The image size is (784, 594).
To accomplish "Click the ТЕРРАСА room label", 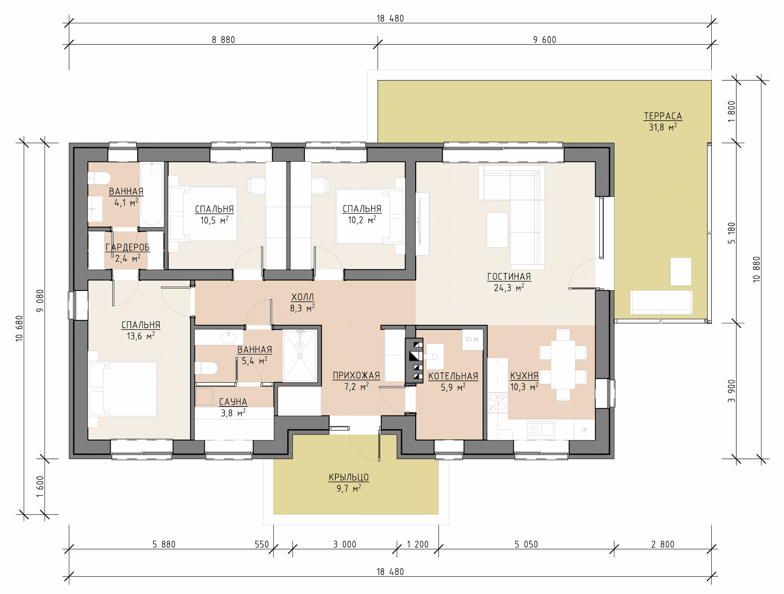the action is coord(663,116).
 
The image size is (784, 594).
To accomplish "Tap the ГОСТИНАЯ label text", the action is coord(509,277).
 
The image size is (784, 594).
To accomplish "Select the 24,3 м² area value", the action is coord(509,288).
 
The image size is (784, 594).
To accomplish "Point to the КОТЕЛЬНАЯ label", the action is coord(453,376).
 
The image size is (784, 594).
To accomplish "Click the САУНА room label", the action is coord(233,402).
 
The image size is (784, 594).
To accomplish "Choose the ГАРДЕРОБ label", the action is coord(128,247).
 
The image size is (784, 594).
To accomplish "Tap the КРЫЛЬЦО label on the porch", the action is coord(349,477).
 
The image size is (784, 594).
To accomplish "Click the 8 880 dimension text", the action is coord(223,40).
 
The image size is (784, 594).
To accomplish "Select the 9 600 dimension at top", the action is coord(545,40).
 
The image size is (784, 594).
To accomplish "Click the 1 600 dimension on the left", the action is coord(40,486).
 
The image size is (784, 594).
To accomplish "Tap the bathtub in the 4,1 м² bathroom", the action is coord(152,194).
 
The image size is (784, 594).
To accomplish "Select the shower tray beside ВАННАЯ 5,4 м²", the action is coord(300,356).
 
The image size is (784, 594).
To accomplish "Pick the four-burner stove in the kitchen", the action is coord(497,403).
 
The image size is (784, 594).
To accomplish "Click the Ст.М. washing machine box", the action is coord(473,340).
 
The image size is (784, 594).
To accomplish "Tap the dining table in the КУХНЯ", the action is coord(563,365).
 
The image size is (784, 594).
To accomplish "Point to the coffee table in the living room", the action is coord(497,229).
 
